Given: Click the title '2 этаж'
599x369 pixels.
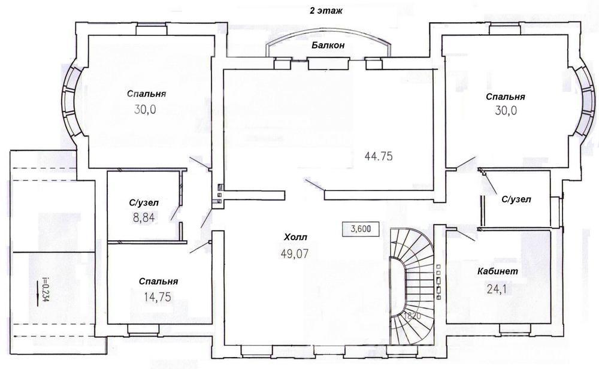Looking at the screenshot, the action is (x=325, y=11).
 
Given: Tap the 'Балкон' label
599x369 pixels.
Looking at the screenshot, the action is (x=328, y=45).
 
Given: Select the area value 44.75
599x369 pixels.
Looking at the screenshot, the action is (x=379, y=156).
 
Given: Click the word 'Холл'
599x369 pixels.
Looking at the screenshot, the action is (x=295, y=237).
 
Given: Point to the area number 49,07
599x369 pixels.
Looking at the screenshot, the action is (x=295, y=253).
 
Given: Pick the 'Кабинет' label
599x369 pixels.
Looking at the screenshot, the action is (x=498, y=271).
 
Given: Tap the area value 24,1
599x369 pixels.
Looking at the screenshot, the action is (x=497, y=289).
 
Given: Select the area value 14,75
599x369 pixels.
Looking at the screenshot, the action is (x=158, y=297).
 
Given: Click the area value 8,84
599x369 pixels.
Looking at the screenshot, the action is (x=144, y=218).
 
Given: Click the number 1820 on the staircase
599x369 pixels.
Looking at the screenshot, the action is (x=412, y=316).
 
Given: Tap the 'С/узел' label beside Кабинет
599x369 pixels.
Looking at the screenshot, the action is (x=516, y=199).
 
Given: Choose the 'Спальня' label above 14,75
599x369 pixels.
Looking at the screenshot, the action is (x=158, y=282).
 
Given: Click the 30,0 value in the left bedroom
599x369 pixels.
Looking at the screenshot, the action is (x=145, y=110).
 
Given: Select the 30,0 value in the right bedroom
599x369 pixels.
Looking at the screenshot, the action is (x=506, y=111).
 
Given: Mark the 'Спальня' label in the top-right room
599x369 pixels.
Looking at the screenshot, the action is (x=505, y=97).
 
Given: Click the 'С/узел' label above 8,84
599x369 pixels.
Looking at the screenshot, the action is (x=143, y=203).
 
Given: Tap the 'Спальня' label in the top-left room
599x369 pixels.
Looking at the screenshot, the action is (x=146, y=94).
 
